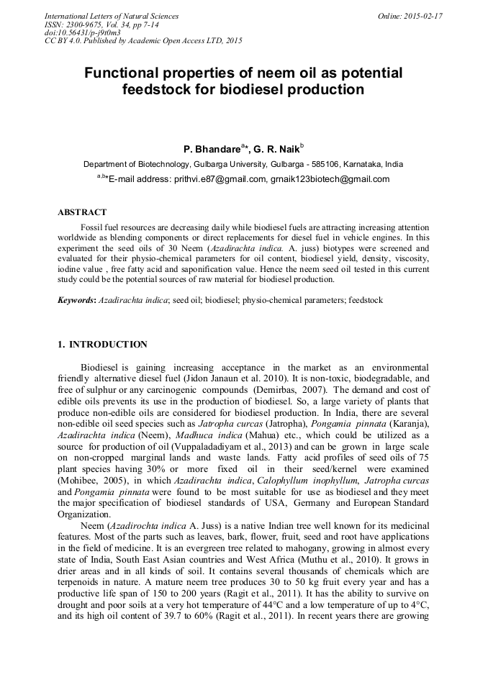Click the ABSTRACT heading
point(82,212)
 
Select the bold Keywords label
point(76,299)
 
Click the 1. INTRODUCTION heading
point(102,345)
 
